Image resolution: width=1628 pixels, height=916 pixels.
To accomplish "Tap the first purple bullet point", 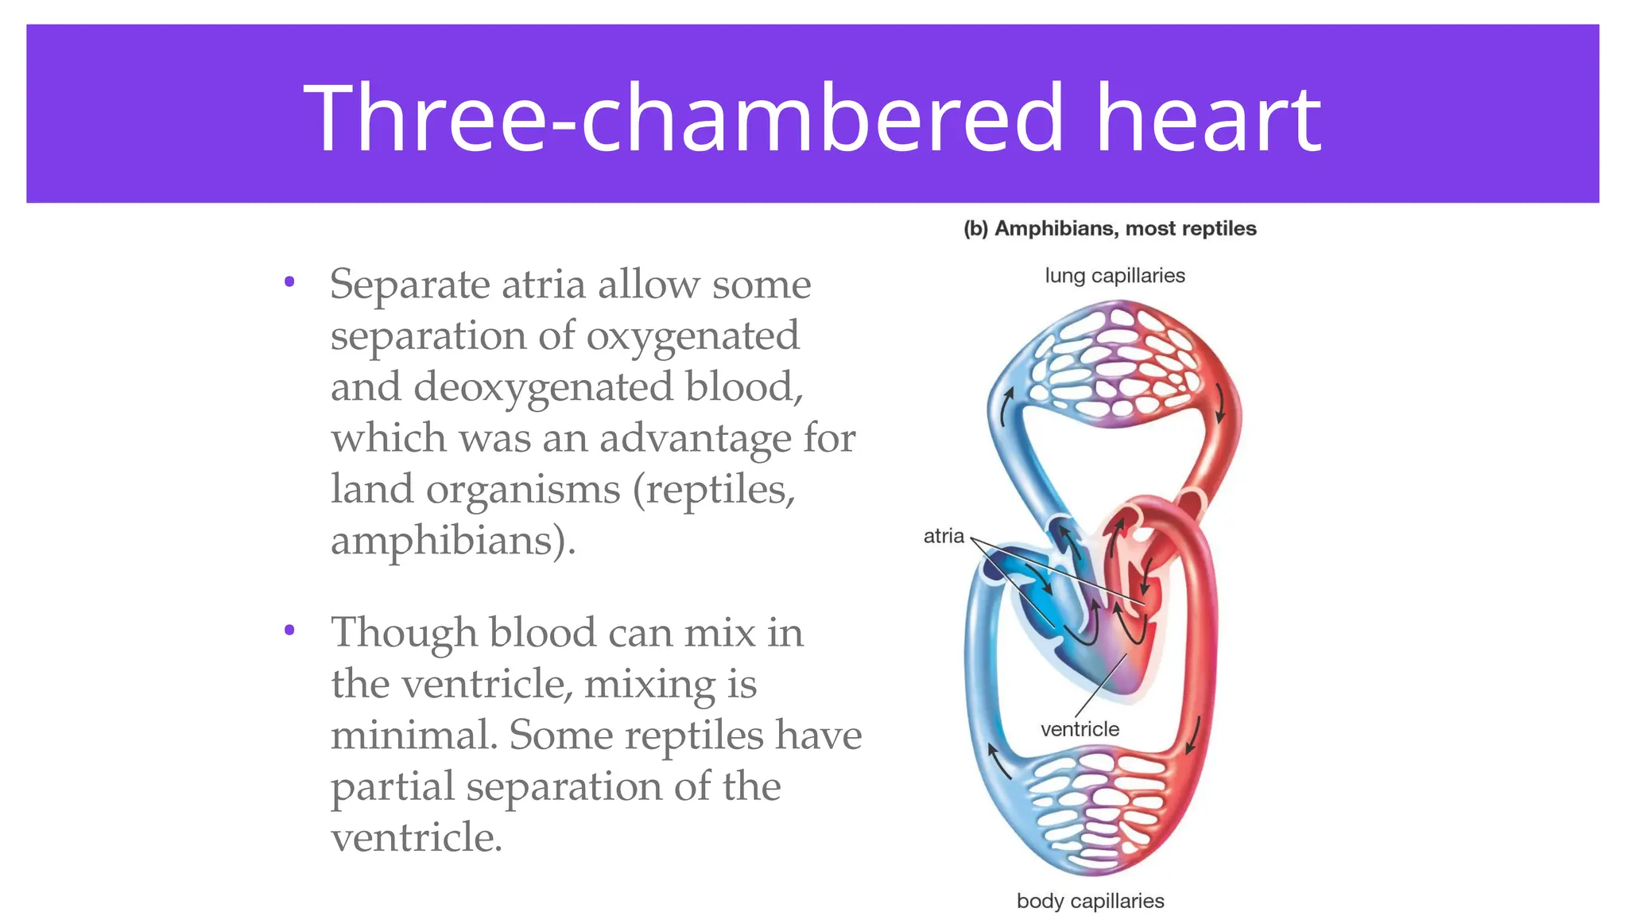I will (x=289, y=281).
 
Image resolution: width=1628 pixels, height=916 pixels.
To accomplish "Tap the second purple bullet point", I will (x=289, y=631).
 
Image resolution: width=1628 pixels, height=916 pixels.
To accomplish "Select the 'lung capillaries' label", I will (x=1114, y=276).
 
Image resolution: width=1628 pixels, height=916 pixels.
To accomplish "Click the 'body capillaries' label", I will (x=1090, y=901).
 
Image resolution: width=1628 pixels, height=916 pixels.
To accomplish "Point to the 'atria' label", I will (x=944, y=536).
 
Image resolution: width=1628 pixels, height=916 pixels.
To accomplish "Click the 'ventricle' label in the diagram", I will (x=1080, y=728).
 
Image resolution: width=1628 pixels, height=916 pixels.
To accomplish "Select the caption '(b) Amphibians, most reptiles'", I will (x=1110, y=229).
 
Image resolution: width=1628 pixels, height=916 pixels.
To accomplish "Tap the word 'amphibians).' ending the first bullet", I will (x=452, y=541).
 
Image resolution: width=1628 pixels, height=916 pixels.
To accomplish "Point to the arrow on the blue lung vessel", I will (x=1007, y=406).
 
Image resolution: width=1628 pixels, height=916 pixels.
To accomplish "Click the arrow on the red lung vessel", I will (x=1220, y=406).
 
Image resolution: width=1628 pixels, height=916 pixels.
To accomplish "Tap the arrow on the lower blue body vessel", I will (x=998, y=760).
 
